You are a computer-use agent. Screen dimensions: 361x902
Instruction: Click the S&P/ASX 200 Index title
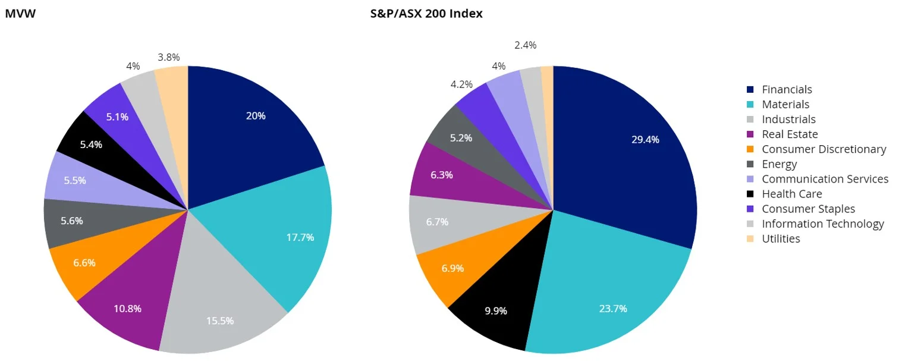[426, 14]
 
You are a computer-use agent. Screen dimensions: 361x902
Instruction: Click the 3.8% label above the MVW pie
[169, 58]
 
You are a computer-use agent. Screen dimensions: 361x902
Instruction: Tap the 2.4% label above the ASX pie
[525, 45]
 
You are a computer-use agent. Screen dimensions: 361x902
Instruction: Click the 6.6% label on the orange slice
[83, 262]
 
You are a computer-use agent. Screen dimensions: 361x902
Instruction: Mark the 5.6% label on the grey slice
[72, 221]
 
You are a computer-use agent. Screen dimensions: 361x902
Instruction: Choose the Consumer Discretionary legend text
[824, 149]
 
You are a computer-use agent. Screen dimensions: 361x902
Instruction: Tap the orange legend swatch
[750, 149]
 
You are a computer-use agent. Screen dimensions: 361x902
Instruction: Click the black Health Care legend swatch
[750, 194]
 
